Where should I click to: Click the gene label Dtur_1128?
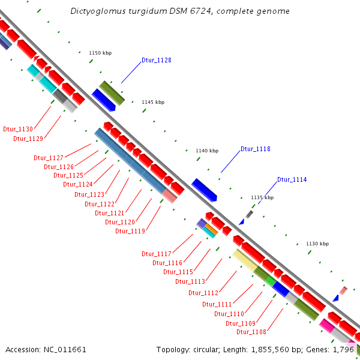(x=157, y=60)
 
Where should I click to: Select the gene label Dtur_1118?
(x=256, y=149)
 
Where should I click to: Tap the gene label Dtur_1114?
(x=292, y=179)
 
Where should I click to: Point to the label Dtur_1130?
(x=18, y=129)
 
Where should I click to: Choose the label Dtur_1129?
(x=28, y=139)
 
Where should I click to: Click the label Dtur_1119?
(x=130, y=231)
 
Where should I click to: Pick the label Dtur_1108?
(x=251, y=332)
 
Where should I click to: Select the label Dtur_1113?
(x=190, y=281)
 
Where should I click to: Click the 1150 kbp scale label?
(x=100, y=53)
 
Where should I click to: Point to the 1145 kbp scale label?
(x=153, y=102)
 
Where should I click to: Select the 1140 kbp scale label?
(x=207, y=151)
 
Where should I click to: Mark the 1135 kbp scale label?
(x=262, y=197)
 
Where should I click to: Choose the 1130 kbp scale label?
(x=317, y=244)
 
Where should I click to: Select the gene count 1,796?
(x=344, y=349)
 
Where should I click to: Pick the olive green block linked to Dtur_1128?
(x=112, y=92)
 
